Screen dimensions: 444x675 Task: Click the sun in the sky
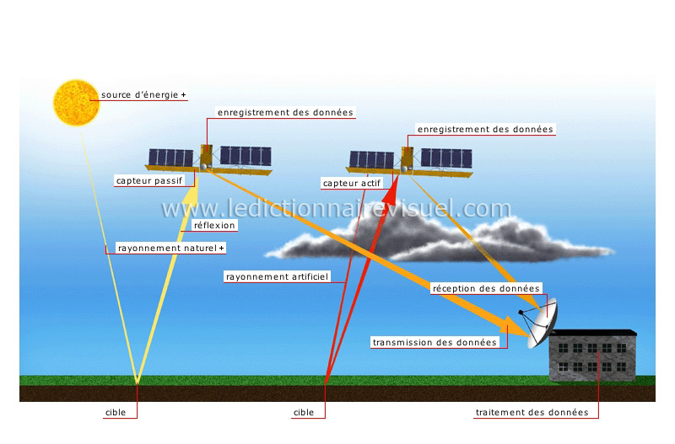76,102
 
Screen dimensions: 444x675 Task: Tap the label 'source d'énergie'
140,95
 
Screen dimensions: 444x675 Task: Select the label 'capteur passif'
149,180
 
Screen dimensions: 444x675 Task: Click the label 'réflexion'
214,225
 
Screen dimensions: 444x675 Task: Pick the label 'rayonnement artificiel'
276,276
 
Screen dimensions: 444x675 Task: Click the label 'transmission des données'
434,342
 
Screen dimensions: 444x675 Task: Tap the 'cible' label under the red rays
303,413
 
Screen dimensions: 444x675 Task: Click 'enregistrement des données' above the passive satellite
285,112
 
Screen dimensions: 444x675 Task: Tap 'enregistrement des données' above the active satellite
485,129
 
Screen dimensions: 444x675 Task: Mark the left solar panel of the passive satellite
171,158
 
